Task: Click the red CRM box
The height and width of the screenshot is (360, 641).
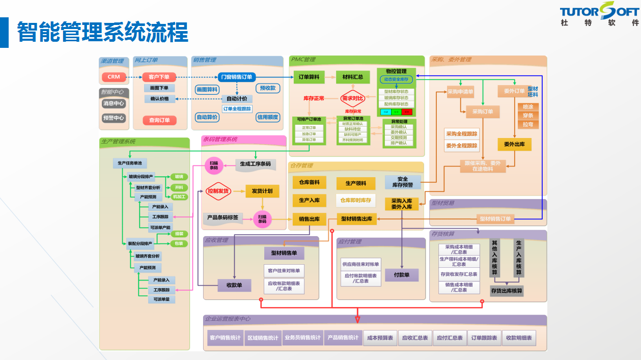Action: tap(114, 77)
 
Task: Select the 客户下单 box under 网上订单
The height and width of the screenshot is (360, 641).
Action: tap(159, 77)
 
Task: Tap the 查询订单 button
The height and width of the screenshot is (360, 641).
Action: tap(159, 120)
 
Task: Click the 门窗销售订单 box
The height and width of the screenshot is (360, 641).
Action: tap(236, 77)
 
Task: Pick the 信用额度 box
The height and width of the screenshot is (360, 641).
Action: tap(268, 117)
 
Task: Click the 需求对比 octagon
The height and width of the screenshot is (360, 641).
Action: tap(353, 98)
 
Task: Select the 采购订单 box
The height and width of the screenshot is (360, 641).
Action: tap(483, 112)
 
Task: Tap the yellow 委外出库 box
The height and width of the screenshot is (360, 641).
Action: tap(514, 145)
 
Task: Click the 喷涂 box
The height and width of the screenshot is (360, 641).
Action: tap(528, 107)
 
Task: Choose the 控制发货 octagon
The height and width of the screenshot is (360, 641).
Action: tap(218, 191)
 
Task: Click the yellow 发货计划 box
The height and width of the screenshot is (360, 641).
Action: tap(262, 191)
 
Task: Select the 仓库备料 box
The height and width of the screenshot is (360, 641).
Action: tap(309, 182)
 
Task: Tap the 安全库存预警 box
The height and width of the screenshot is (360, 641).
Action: tap(402, 182)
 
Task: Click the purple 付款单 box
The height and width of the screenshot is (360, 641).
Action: tap(402, 275)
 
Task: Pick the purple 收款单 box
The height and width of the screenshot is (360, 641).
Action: tap(234, 285)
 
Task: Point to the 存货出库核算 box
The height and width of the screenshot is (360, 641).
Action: tap(507, 291)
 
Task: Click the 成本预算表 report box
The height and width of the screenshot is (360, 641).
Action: tap(380, 338)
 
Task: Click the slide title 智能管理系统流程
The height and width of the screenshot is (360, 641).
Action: tap(102, 33)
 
